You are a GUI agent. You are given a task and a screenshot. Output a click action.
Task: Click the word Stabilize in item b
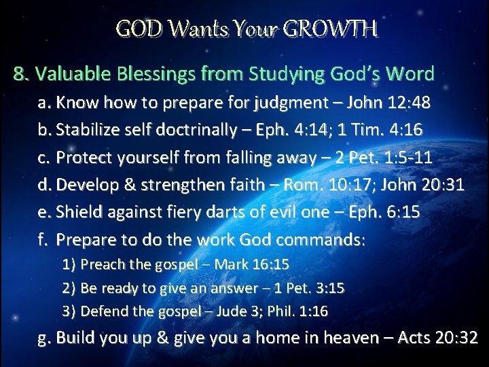pos(87,130)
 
